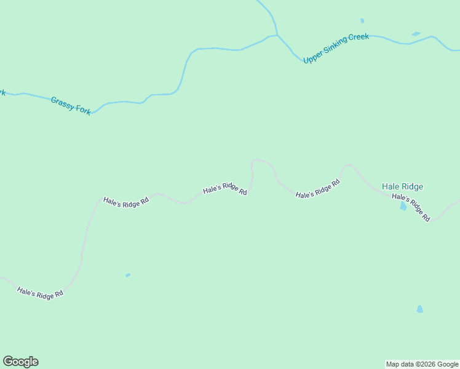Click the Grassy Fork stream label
(x=71, y=105)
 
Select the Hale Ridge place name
(x=402, y=186)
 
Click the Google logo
(x=20, y=362)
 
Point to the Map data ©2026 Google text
(x=422, y=364)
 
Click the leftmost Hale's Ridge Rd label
(x=41, y=293)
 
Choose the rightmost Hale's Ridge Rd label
(x=411, y=208)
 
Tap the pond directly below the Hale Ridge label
(x=403, y=207)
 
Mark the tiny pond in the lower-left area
(x=128, y=275)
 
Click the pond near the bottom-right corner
(x=419, y=309)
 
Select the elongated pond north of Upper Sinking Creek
(x=416, y=34)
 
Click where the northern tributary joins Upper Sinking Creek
(x=277, y=35)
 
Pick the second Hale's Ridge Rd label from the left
(x=126, y=201)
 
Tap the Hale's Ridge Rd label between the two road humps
(x=318, y=189)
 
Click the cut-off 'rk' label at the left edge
(x=2, y=93)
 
